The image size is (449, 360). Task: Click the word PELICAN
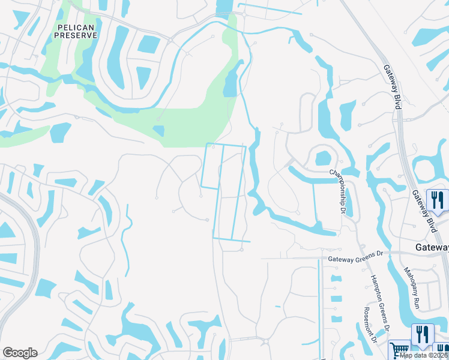click(76, 28)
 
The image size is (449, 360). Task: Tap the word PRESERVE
click(76, 35)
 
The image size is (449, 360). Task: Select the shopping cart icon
click(399, 350)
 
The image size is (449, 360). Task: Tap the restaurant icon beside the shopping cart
click(423, 334)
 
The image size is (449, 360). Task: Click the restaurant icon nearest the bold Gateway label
click(437, 200)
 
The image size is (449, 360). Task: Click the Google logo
click(20, 353)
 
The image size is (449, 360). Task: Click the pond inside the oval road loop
click(322, 158)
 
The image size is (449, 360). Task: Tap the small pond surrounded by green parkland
click(159, 130)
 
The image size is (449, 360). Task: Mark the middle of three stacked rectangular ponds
click(336, 298)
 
